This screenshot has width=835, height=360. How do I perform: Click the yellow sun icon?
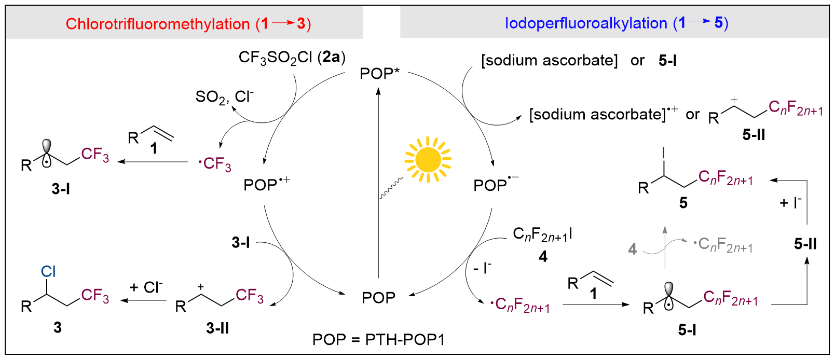coord(428,160)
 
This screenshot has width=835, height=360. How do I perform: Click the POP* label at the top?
coord(379,73)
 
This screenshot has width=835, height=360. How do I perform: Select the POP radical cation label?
coord(266,185)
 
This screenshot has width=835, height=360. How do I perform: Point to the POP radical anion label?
coord(496,185)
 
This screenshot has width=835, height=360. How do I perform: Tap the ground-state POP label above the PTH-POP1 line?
coord(378,298)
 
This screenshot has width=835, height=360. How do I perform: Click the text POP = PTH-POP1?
coord(378,340)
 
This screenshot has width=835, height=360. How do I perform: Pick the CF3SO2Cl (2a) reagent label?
coord(292,58)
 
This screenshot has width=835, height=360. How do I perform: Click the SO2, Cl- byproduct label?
coord(224,97)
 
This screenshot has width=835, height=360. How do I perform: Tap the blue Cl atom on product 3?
coord(48,271)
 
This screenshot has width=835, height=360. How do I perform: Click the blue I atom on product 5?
coord(663,153)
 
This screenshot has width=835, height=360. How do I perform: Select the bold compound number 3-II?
coord(217,328)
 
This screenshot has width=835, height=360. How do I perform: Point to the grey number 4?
coord(632,250)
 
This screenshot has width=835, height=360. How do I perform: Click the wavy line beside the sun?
coord(391,188)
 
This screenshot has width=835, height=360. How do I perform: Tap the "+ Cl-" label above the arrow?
coord(146,287)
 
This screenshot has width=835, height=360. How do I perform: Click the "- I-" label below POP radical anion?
coord(482,268)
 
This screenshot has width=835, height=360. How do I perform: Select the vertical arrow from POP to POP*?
coord(378,182)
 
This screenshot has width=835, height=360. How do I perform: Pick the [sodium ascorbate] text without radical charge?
coord(549,61)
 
